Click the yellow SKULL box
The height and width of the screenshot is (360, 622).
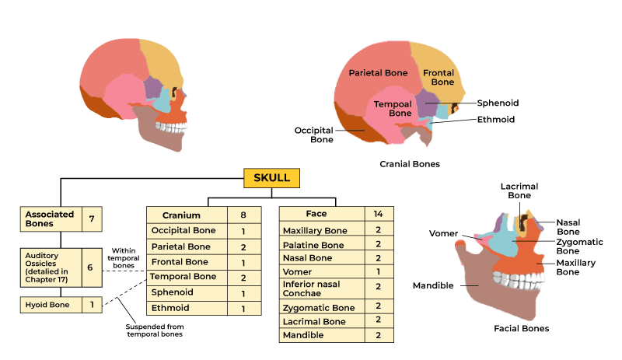(x=271, y=178)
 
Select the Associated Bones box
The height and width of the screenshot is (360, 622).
(x=51, y=218)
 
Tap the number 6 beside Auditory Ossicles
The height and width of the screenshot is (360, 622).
(x=90, y=267)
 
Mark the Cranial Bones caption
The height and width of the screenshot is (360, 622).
(x=410, y=164)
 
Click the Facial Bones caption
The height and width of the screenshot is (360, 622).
(x=521, y=328)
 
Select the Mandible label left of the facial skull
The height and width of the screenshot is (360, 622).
(x=433, y=285)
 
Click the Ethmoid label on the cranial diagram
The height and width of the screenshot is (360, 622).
(x=495, y=120)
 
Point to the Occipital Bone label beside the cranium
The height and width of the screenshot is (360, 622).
(x=313, y=135)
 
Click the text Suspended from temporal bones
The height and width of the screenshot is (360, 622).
(x=155, y=331)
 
